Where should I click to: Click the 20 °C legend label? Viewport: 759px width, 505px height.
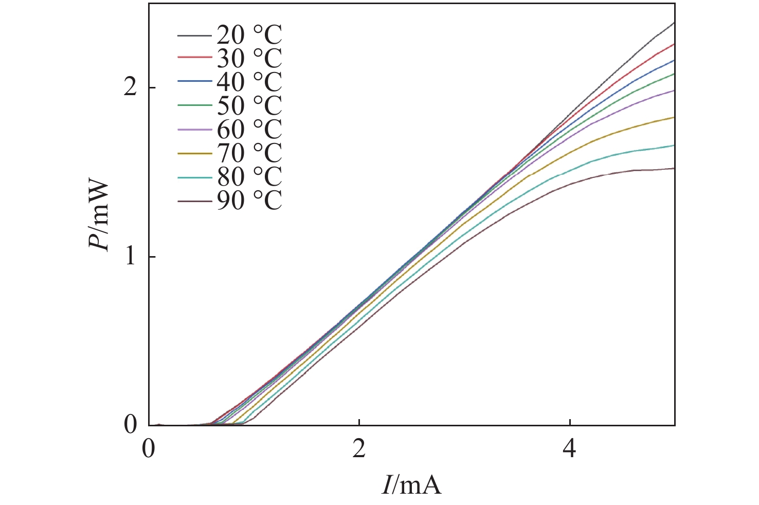pyautogui.click(x=249, y=35)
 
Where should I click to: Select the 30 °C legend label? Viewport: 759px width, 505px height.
pyautogui.click(x=249, y=59)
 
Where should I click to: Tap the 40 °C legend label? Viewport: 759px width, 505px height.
pyautogui.click(x=249, y=82)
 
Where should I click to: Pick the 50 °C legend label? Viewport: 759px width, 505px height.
pyautogui.click(x=249, y=105)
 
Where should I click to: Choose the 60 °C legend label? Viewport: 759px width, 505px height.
pyautogui.click(x=249, y=129)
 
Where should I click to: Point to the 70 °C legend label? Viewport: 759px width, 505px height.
pyautogui.click(x=249, y=153)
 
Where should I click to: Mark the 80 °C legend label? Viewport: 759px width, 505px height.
pyautogui.click(x=249, y=176)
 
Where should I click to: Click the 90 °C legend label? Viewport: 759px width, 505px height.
pyautogui.click(x=249, y=200)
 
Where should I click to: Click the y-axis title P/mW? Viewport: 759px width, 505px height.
pyautogui.click(x=99, y=214)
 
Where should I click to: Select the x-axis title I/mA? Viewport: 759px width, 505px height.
pyautogui.click(x=411, y=484)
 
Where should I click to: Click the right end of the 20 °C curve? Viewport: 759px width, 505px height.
pyautogui.click(x=674, y=23)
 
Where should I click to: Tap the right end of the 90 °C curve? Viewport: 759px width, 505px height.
pyautogui.click(x=674, y=168)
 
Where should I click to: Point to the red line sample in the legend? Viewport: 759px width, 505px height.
pyautogui.click(x=194, y=58)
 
